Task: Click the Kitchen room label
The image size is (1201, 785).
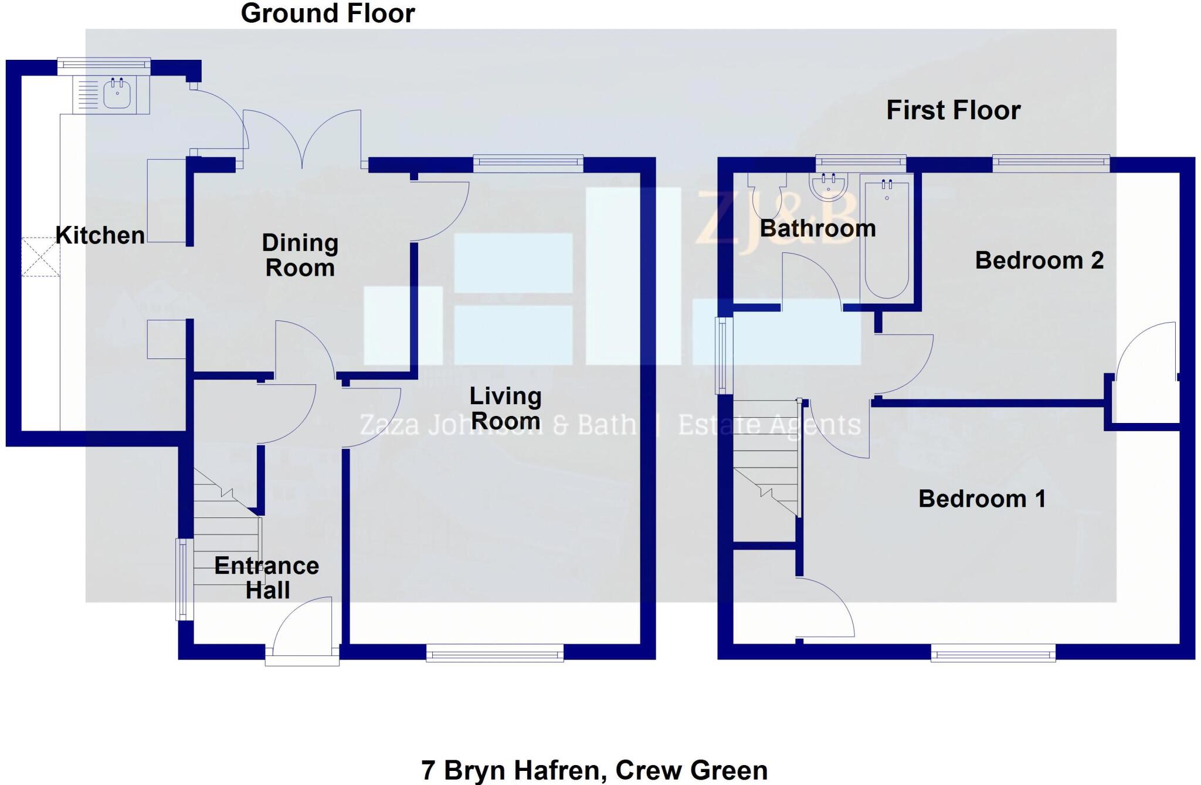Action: point(100,235)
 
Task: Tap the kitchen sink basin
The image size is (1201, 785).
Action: point(117,94)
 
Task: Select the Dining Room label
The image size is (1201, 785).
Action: point(300,255)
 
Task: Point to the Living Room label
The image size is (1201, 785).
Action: point(505,408)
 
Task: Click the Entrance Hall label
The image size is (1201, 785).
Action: point(267,577)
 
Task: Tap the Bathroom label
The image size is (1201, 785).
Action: point(817,228)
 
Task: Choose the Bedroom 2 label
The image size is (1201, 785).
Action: point(1039,260)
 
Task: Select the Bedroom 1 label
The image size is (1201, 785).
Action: point(982,499)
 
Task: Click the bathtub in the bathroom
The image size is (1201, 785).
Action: point(886,238)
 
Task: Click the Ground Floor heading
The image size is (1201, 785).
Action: point(328,13)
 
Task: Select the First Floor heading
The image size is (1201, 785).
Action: point(954,110)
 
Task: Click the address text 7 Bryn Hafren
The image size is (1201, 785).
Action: point(594,770)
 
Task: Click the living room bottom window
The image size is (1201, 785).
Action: point(495,652)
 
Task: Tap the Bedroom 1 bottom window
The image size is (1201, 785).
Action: point(993,652)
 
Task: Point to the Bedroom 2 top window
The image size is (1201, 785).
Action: point(1051,163)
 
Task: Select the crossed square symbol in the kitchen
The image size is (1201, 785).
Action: point(41,256)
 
